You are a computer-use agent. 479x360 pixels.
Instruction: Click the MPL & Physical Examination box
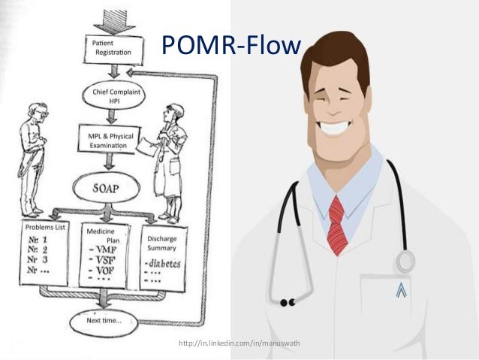point(110,141)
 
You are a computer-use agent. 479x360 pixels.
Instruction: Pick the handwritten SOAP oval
point(110,185)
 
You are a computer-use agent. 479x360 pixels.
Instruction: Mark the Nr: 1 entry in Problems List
point(37,241)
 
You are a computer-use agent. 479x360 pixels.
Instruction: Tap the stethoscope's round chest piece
point(406,261)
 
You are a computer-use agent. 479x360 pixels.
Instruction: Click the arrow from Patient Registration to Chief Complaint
point(112,71)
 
